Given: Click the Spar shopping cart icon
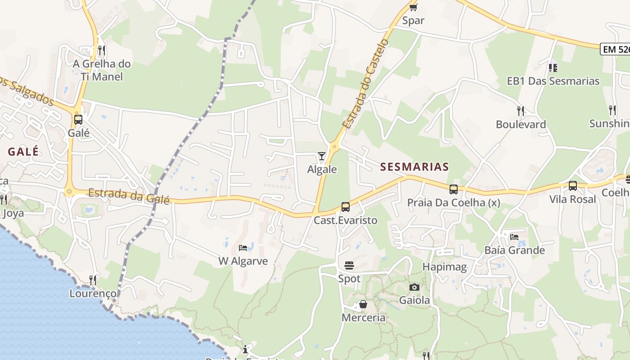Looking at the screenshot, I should click(414, 7).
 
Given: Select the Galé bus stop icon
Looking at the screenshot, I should click(78, 120).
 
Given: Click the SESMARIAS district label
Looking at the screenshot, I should click(414, 167).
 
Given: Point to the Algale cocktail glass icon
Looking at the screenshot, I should click(322, 156).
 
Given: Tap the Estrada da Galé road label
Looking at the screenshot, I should click(129, 196).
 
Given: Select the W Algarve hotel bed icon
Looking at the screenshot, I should click(243, 248).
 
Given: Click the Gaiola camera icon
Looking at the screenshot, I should click(414, 287).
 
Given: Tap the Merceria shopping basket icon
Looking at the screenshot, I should click(363, 305).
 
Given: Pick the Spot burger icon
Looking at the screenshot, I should click(349, 265).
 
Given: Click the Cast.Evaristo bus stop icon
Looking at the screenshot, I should click(346, 207).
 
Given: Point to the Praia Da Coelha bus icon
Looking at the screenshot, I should click(454, 189).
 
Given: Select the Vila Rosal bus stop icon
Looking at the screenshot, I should click(572, 186).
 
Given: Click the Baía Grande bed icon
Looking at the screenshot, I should click(514, 237).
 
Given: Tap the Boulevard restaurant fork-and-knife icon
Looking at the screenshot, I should click(521, 111).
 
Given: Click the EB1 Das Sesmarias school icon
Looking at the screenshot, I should click(553, 68).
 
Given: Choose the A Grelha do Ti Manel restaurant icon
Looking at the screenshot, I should click(102, 50).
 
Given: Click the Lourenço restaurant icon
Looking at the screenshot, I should click(93, 280).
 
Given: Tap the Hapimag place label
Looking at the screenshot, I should click(445, 267).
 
